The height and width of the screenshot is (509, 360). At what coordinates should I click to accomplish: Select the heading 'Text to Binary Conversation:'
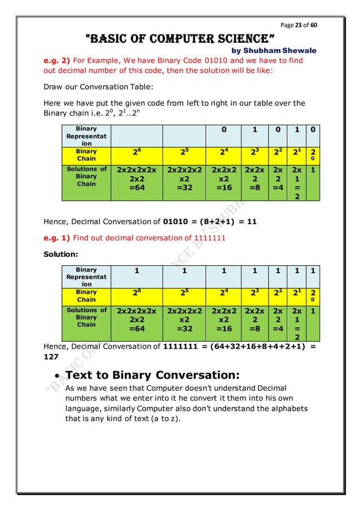[153, 375]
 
